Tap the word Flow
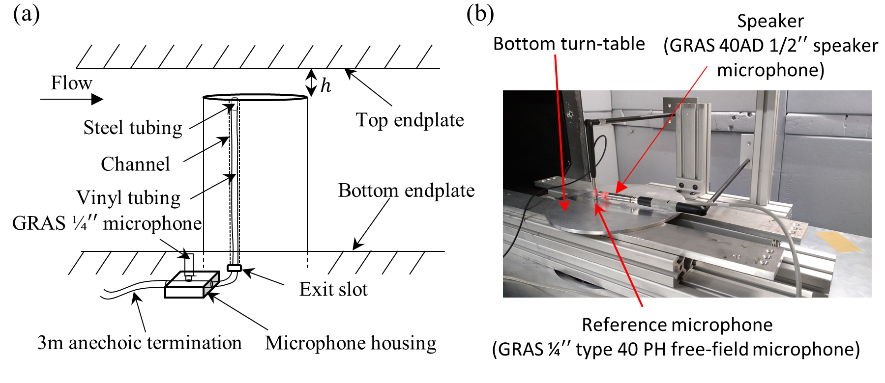pyautogui.click(x=71, y=82)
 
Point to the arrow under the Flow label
pyautogui.click(x=72, y=99)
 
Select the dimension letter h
pyautogui.click(x=325, y=85)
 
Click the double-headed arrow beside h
pyautogui.click(x=311, y=82)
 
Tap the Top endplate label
pyautogui.click(x=410, y=120)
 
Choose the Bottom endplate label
pyautogui.click(x=406, y=191)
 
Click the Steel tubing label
pyautogui.click(x=133, y=128)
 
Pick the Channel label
pyautogui.click(x=135, y=164)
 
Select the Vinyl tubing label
pyautogui.click(x=128, y=197)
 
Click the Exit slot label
pyautogui.click(x=333, y=289)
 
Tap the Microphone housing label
pyautogui.click(x=351, y=343)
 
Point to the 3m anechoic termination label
pyautogui.click(x=140, y=343)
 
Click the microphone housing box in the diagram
pyautogui.click(x=192, y=284)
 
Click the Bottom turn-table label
pyautogui.click(x=569, y=44)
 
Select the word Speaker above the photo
pyautogui.click(x=770, y=21)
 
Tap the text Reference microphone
pyautogui.click(x=677, y=325)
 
